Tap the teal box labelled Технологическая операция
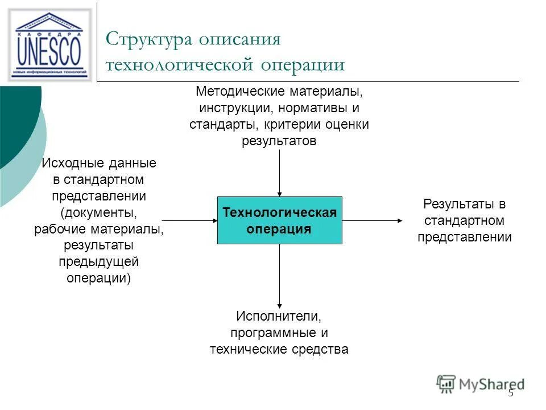280,220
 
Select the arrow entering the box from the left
190,220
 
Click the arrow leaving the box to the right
373,220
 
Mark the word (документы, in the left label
98,213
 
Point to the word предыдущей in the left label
98,262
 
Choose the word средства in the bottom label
321,349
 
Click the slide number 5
510,393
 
